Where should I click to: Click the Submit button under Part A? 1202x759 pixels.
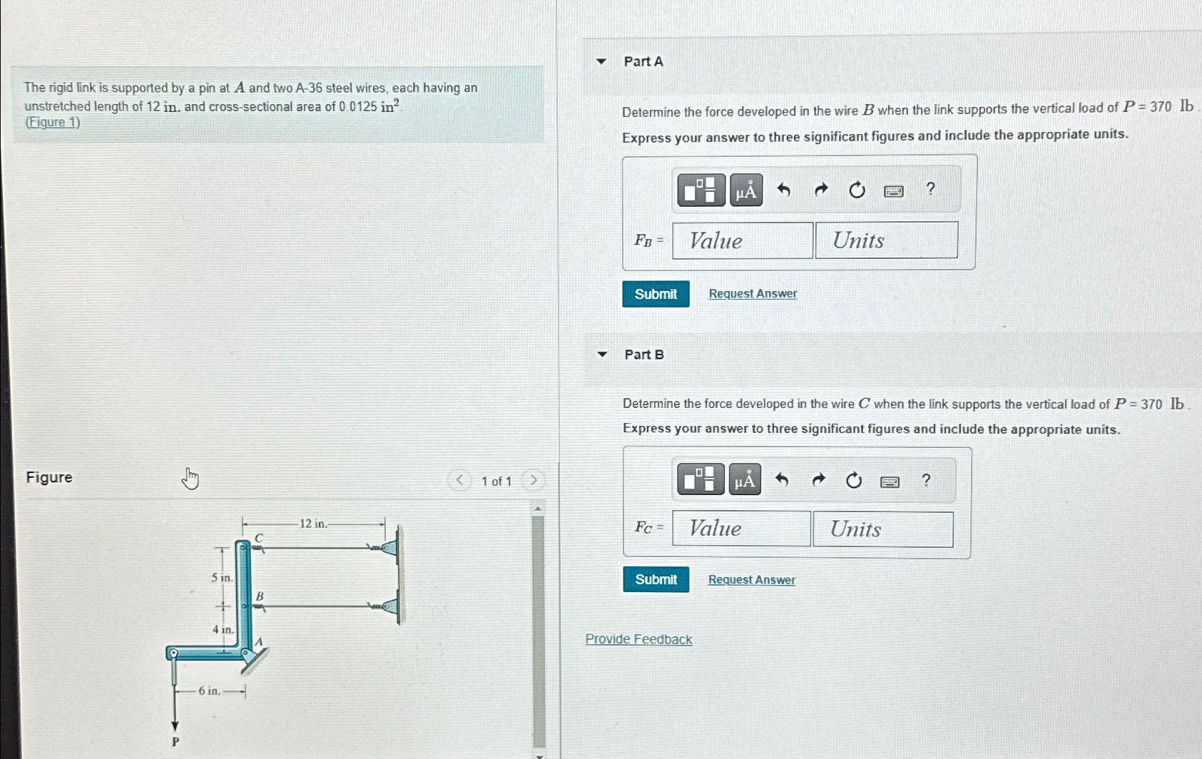pyautogui.click(x=656, y=294)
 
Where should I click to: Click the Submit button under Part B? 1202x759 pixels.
pyautogui.click(x=656, y=579)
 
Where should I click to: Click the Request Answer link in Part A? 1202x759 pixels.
pyautogui.click(x=753, y=294)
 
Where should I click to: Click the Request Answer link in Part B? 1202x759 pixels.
pyautogui.click(x=751, y=580)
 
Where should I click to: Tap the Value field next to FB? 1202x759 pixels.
pyautogui.click(x=742, y=240)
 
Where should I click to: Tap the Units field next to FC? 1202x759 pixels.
pyautogui.click(x=882, y=529)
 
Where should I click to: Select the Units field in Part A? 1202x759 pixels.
pyautogui.click(x=886, y=240)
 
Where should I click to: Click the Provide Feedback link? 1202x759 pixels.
pyautogui.click(x=638, y=639)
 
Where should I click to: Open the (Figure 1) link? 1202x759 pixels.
pyautogui.click(x=53, y=122)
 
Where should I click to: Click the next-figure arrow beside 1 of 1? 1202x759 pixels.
pyautogui.click(x=532, y=480)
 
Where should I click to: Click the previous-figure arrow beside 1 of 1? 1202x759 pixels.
pyautogui.click(x=460, y=480)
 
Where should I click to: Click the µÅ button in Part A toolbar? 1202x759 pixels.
pyautogui.click(x=745, y=190)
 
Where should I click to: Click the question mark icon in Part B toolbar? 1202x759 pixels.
pyautogui.click(x=926, y=480)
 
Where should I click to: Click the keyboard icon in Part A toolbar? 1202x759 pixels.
pyautogui.click(x=893, y=191)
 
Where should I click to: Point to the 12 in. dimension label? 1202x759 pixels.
pyautogui.click(x=313, y=524)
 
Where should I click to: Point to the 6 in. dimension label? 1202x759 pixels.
pyautogui.click(x=209, y=691)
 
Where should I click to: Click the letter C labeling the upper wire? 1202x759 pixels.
pyautogui.click(x=259, y=537)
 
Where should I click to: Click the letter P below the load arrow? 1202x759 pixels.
pyautogui.click(x=175, y=742)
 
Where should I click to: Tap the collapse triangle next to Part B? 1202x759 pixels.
pyautogui.click(x=602, y=355)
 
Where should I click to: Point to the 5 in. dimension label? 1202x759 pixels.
pyautogui.click(x=221, y=578)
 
